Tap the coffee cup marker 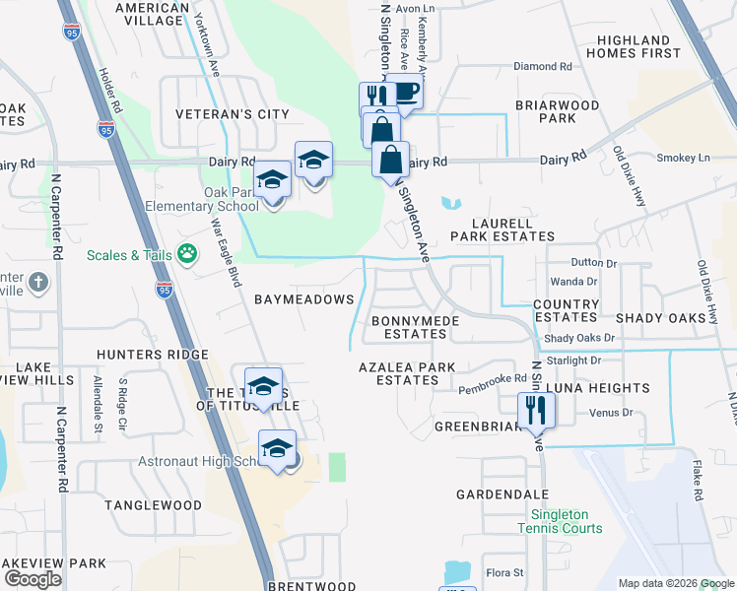click(404, 93)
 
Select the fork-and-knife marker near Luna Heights click(536, 410)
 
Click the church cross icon click(37, 283)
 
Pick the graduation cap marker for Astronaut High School click(278, 449)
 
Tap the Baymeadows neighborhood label click(303, 298)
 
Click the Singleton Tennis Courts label click(567, 521)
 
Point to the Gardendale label click(502, 493)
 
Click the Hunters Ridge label click(152, 355)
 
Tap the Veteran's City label click(233, 114)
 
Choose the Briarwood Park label click(558, 111)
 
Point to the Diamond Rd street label click(542, 67)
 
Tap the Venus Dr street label click(611, 413)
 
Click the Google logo click(33, 579)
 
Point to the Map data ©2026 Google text click(676, 583)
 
